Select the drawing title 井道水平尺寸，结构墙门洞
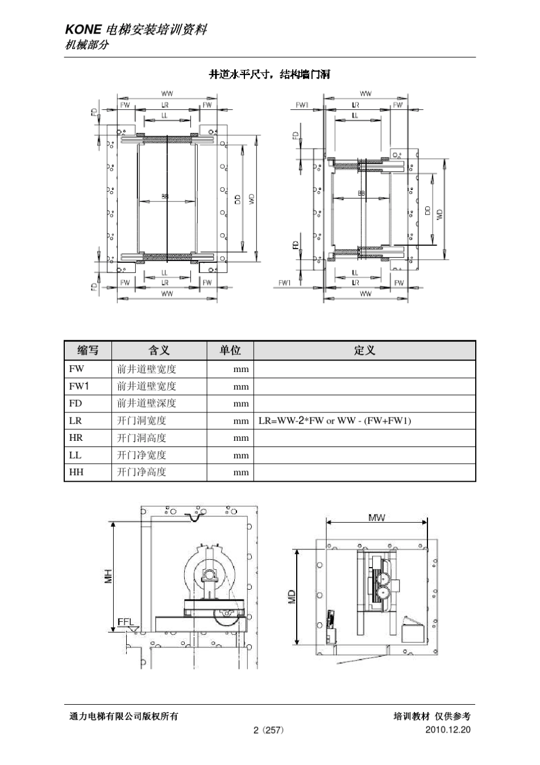[x=270, y=75]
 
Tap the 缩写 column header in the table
[x=88, y=350]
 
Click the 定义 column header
[x=364, y=350]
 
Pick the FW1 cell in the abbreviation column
[x=78, y=386]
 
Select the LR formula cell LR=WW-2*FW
[x=335, y=421]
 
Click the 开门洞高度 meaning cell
[x=142, y=438]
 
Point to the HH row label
[x=76, y=472]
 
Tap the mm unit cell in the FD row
[x=241, y=404]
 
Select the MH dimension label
[x=108, y=576]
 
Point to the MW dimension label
[x=376, y=518]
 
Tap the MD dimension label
[x=292, y=596]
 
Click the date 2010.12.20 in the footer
[x=448, y=730]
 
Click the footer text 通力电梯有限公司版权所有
[x=124, y=717]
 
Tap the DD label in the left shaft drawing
[x=238, y=199]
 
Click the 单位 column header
[x=230, y=350]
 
